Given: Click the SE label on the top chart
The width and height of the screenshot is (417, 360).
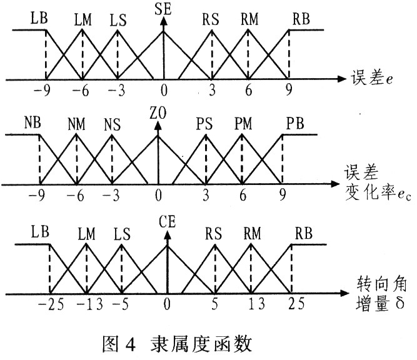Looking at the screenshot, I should (x=164, y=8).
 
